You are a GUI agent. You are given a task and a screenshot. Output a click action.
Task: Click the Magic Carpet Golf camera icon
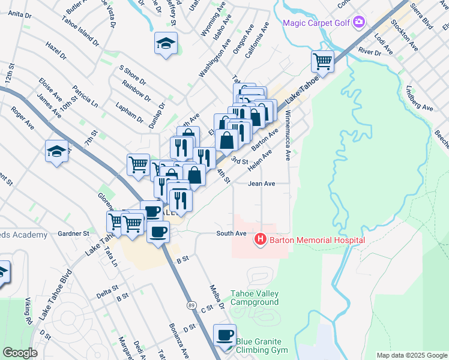359,22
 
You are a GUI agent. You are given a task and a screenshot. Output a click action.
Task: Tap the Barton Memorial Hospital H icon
261,240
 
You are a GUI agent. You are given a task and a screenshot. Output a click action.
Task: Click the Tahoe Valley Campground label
255,298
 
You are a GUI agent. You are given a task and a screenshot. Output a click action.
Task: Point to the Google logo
20,352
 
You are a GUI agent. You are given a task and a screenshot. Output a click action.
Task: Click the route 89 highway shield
190,305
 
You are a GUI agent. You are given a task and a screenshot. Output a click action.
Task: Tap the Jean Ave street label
262,184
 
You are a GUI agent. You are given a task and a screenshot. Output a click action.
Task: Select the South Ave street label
232,233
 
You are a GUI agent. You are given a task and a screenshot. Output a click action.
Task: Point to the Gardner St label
73,233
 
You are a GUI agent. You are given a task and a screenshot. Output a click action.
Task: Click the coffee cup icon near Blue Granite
225,335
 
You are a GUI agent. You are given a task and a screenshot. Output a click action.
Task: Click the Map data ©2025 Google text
411,355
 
